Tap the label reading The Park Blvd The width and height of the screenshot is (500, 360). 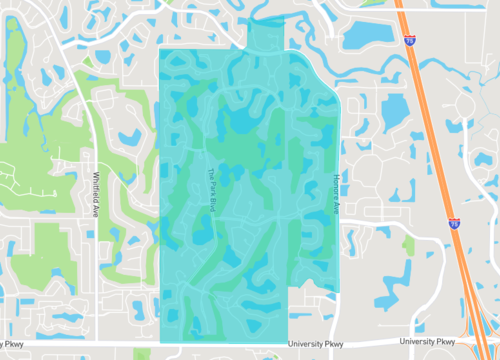pos(212,187)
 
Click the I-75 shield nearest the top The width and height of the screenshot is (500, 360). pos(410,40)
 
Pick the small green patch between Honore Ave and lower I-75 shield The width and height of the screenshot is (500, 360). pos(408,243)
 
